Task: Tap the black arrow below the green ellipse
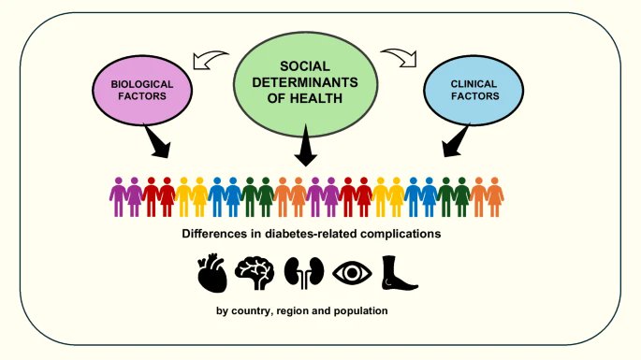[x=305, y=151]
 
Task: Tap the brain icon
[x=253, y=272]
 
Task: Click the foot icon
[x=401, y=271]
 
